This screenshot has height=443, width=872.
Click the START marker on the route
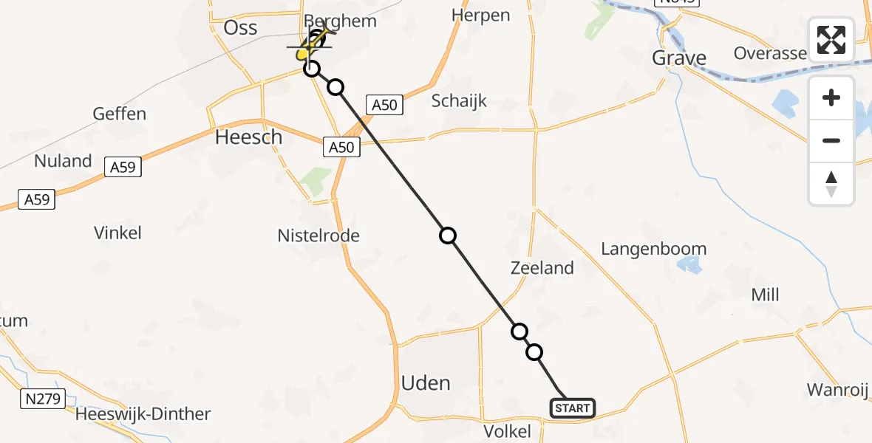pos(573,408)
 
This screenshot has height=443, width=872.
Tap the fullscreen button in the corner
pos(831,40)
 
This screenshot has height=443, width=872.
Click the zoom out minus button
pos(831,140)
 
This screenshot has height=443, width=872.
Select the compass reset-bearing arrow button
pos(831,184)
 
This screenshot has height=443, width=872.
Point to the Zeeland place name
pos(542,268)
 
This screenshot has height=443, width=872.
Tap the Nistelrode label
pos(319,236)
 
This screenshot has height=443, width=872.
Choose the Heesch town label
pos(248,137)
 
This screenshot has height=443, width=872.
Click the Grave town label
pos(679,58)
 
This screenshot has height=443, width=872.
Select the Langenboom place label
pos(653,249)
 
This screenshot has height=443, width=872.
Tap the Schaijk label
pos(459,101)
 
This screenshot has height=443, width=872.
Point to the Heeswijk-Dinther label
pos(143,414)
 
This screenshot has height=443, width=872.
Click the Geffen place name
pos(120,114)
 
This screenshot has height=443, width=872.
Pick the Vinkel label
pos(117,233)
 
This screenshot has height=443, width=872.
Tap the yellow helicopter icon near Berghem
pos(311,46)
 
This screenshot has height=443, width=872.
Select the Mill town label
pos(765,295)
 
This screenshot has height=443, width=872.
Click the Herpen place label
pos(480,15)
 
